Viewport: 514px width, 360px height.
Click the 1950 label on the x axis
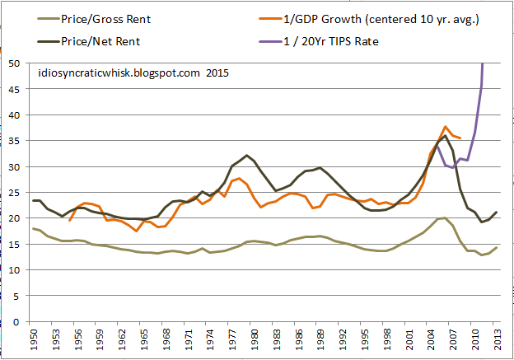(x=34, y=338)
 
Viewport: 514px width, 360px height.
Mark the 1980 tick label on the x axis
(x=254, y=338)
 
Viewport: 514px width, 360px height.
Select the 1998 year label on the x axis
(x=386, y=338)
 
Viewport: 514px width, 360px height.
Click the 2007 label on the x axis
(x=452, y=338)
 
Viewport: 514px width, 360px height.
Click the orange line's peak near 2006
(x=446, y=127)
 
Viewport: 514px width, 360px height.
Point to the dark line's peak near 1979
(x=247, y=155)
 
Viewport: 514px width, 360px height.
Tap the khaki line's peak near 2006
(x=445, y=217)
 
